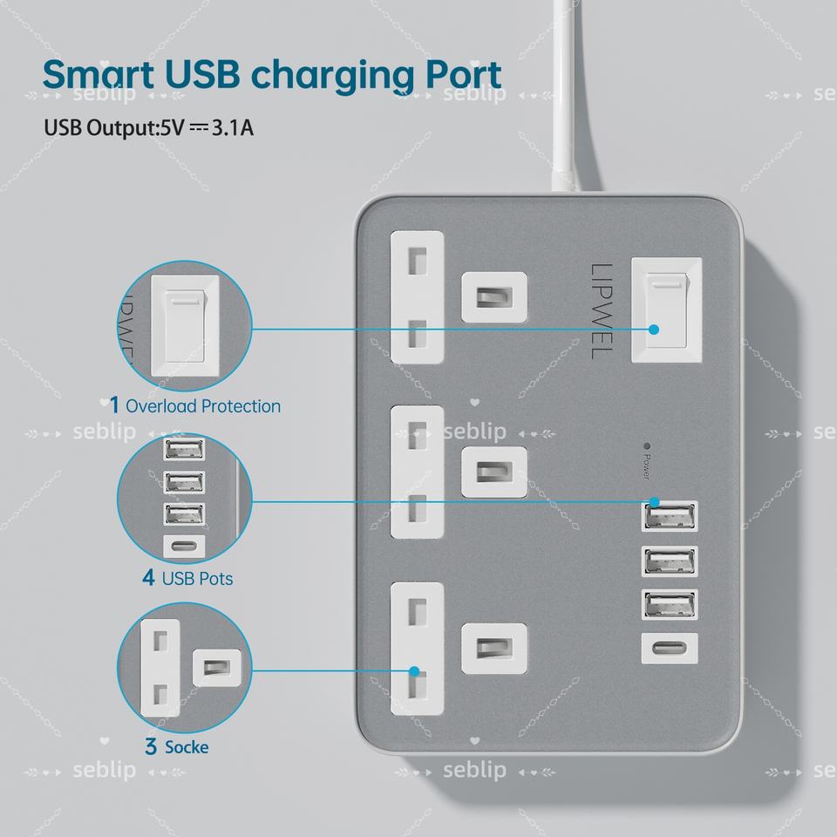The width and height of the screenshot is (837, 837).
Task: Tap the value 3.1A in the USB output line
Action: point(233,128)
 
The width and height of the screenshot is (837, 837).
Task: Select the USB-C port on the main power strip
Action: point(670,650)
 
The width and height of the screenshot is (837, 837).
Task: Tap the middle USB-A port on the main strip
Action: point(670,561)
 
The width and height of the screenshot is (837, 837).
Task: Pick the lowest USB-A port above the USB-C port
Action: point(670,606)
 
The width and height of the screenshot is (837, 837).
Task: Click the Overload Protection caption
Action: point(202,406)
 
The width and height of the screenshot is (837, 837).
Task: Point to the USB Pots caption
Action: point(197,578)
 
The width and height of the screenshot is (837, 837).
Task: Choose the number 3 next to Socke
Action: point(151,747)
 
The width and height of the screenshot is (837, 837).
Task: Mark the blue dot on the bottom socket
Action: point(415,671)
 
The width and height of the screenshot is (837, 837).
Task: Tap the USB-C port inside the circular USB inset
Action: point(185,547)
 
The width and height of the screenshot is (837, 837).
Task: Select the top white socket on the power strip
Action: point(418,296)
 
